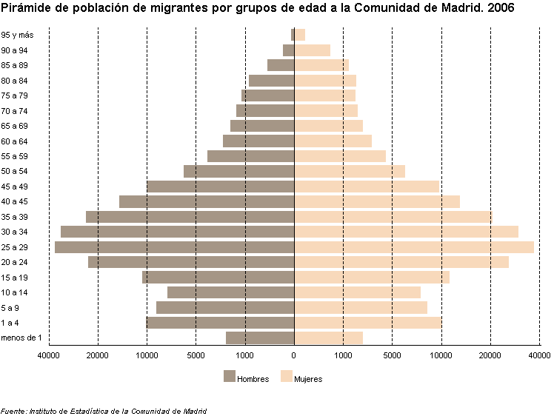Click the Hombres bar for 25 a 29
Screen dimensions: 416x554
click(174, 247)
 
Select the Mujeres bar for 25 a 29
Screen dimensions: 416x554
click(414, 247)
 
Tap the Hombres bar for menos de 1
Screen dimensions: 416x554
click(260, 338)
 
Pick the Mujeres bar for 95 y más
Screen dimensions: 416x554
click(300, 35)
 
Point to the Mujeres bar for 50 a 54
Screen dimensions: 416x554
click(350, 172)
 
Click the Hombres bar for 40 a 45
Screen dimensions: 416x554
click(207, 202)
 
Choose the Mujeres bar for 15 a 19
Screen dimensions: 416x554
click(372, 278)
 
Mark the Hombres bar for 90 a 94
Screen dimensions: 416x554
click(289, 50)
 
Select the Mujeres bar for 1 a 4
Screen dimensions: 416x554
click(368, 323)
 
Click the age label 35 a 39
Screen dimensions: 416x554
click(14, 217)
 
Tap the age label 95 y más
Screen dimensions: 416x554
click(16, 35)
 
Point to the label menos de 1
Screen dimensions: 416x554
click(21, 338)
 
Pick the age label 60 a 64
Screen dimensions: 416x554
click(14, 141)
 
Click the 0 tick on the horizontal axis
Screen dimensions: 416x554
click(294, 356)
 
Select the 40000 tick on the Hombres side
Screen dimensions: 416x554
click(49, 356)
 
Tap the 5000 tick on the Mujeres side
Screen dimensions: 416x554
click(393, 356)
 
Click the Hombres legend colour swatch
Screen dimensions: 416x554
click(229, 377)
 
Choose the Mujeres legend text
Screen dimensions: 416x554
click(308, 379)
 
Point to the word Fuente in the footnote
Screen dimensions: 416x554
click(13, 411)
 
